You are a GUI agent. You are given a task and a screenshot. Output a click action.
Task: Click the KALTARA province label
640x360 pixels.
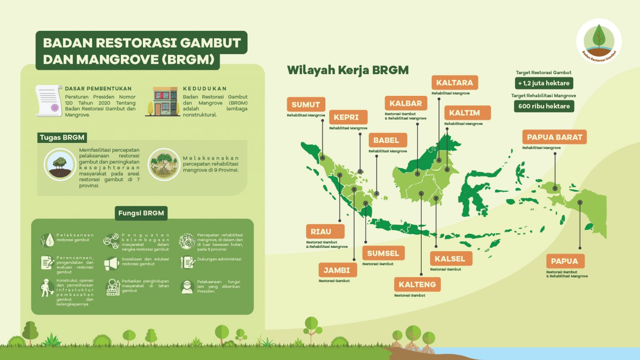[455, 82]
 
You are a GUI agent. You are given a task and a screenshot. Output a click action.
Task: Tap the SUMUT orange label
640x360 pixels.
[306, 104]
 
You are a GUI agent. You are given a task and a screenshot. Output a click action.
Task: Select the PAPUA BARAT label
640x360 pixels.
[554, 137]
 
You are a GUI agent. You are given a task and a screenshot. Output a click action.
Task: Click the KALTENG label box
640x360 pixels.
[417, 284]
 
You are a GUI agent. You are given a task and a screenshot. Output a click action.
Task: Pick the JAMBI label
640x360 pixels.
[338, 270]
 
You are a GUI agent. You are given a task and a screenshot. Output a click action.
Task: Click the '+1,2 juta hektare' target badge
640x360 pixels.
[544, 83]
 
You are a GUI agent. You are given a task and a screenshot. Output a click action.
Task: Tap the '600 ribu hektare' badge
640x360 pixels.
[544, 106]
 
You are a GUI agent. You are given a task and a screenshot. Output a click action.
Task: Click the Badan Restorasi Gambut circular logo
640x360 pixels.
[599, 41]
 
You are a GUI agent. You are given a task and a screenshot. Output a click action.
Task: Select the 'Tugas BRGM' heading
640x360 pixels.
[62, 137]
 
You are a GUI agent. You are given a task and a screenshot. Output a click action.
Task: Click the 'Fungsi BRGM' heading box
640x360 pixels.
[141, 213]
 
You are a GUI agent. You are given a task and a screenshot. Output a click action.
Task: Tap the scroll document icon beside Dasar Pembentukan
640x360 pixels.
[49, 100]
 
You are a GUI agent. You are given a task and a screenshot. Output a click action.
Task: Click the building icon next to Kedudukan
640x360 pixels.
[163, 101]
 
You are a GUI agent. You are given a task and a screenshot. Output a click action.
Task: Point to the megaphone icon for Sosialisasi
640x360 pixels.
[111, 263]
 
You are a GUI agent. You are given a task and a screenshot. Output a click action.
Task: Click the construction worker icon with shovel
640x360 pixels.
[47, 288]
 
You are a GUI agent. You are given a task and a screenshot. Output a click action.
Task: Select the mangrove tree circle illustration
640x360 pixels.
[164, 164]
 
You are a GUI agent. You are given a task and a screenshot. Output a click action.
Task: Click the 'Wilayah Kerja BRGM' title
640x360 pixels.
[348, 70]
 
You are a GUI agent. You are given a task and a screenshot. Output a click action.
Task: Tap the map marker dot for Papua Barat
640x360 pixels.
[555, 188]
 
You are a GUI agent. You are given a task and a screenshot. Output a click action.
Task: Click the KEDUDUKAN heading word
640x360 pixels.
[205, 89]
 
